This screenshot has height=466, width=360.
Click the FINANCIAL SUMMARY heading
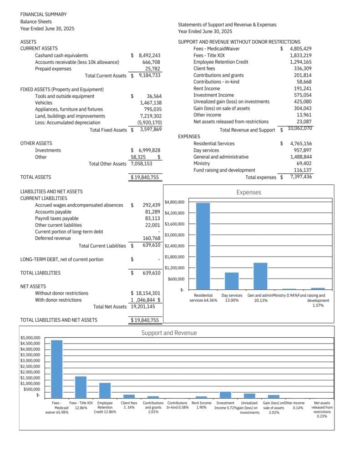43,15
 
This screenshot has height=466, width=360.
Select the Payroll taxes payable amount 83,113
152,218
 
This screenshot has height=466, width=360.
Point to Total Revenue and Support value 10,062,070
299,129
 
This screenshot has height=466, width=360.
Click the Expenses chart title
248,192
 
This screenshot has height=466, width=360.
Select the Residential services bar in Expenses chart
203,246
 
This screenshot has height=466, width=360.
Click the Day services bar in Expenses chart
232,281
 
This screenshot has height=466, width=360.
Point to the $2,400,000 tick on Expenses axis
174,246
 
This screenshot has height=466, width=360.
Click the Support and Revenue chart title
169,333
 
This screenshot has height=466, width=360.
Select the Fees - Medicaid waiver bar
57,369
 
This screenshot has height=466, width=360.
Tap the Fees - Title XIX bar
81,387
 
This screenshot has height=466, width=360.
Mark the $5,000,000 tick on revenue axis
30,338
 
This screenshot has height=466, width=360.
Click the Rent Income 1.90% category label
201,405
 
